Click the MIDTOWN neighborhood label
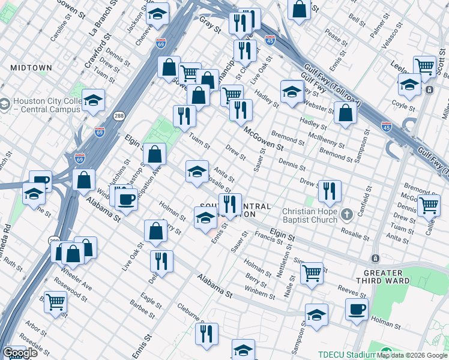[31, 68]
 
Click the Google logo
[20, 353]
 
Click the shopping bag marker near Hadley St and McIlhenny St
[346, 113]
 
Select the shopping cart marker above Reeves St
[312, 274]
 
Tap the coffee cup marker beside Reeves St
[357, 310]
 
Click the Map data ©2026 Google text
[412, 355]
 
